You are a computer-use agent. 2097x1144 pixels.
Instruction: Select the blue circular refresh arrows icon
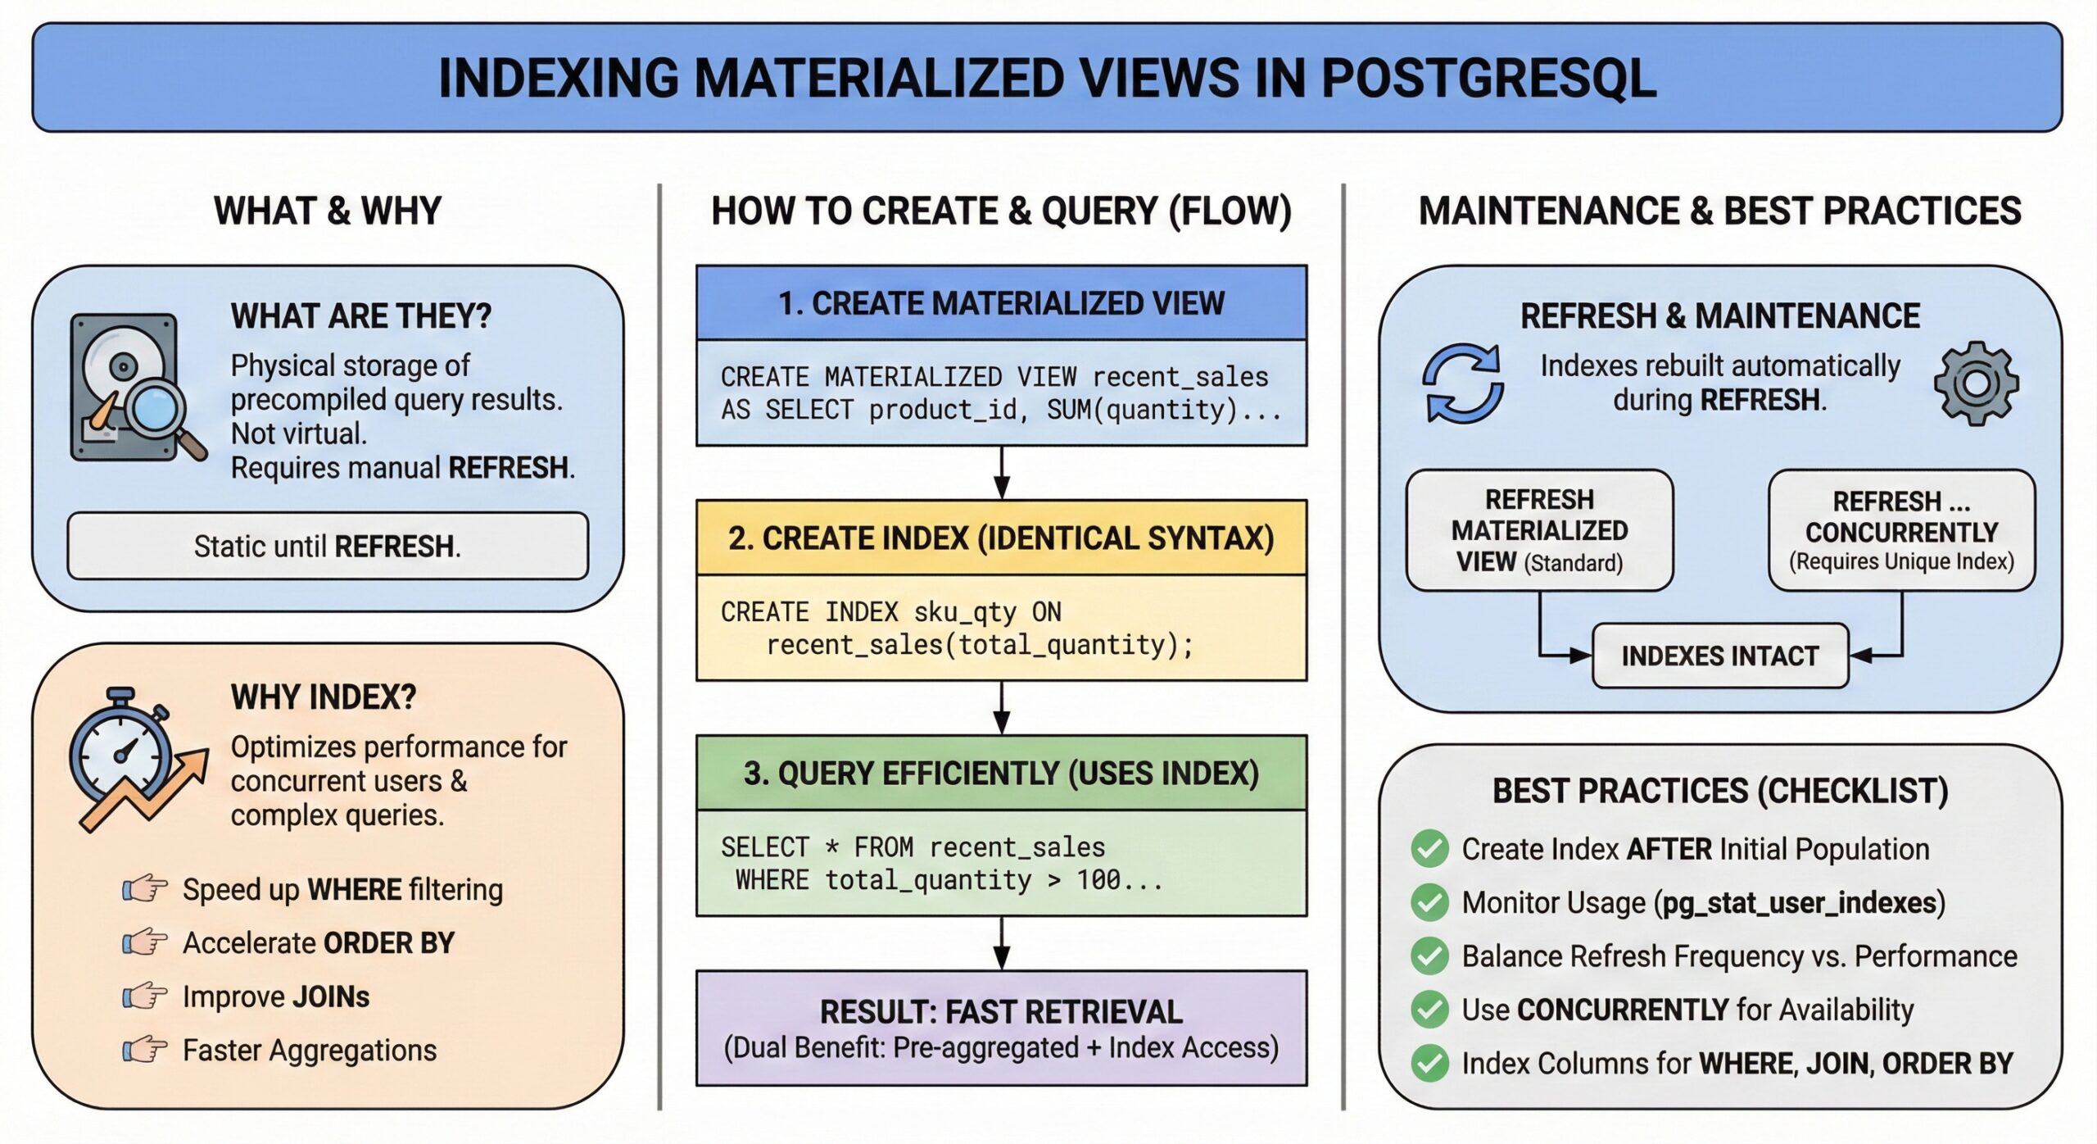pos(1463,383)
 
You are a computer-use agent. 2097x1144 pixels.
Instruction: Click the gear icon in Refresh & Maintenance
pos(1976,383)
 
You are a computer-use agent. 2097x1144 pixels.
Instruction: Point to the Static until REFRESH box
pos(328,546)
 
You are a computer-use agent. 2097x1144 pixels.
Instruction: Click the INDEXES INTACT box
pos(1719,656)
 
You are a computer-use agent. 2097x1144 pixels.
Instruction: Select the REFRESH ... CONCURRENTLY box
pos(1901,530)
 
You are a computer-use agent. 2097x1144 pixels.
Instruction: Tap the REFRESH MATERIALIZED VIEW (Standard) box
pos(1539,530)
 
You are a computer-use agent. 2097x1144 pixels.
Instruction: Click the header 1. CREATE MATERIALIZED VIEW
pos(1001,303)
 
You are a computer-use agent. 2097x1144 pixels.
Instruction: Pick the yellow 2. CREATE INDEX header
pos(1001,538)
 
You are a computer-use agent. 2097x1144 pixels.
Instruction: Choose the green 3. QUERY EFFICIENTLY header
pos(1001,774)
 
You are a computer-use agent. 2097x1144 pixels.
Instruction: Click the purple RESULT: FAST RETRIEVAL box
pos(1001,1028)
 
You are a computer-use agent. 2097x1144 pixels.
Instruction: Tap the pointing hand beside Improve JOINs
pos(145,996)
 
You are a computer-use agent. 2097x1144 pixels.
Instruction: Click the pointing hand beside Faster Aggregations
pos(145,1050)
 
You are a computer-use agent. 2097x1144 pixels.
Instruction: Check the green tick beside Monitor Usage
pos(1430,902)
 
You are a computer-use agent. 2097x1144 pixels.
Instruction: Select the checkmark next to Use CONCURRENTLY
pos(1430,1010)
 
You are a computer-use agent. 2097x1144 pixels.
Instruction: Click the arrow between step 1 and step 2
pos(1001,474)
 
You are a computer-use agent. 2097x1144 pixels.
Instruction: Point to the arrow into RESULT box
pos(1001,944)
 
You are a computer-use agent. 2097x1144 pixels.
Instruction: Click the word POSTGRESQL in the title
pos(1488,79)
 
